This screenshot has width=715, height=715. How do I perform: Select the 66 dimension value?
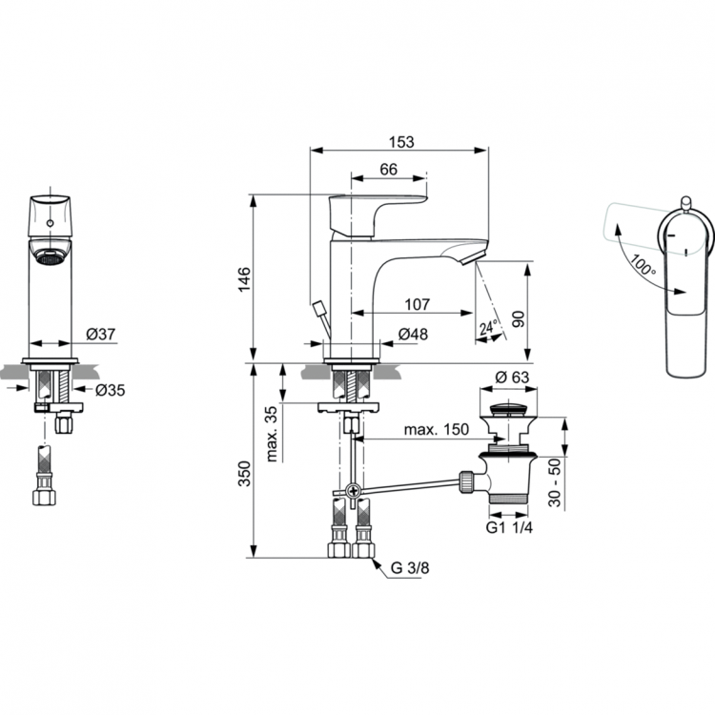(x=388, y=169)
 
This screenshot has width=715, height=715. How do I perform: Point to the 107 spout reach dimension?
(x=416, y=305)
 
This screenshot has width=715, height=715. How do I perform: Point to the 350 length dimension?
(x=244, y=473)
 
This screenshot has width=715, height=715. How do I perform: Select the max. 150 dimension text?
(x=436, y=430)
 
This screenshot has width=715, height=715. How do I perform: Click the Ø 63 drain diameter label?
(x=512, y=378)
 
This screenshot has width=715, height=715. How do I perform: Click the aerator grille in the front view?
(x=50, y=255)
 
